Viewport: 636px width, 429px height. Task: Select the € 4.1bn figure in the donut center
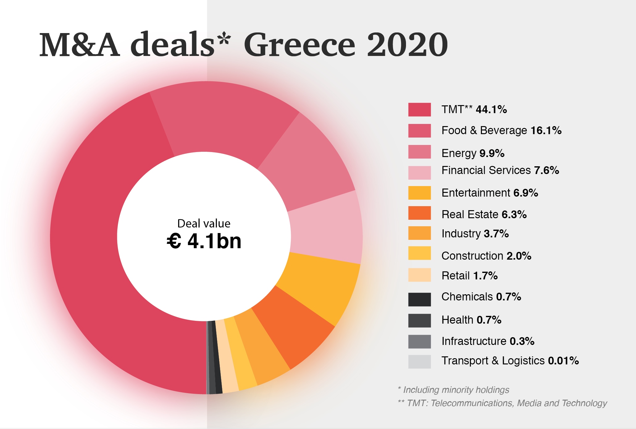204,241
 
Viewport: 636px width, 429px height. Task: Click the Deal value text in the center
204,223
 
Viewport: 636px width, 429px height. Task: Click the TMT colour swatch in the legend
419,110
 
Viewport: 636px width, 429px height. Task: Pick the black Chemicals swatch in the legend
419,299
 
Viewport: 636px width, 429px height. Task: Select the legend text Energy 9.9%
473,153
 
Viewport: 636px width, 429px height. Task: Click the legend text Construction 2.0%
486,256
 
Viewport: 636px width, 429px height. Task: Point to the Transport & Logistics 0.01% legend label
510,360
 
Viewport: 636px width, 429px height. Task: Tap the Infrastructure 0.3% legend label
488,341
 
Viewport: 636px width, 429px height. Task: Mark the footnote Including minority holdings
454,390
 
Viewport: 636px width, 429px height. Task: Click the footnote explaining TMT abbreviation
503,403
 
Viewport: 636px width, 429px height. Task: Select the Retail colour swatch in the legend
419,275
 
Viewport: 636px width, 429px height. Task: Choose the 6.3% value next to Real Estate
514,214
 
